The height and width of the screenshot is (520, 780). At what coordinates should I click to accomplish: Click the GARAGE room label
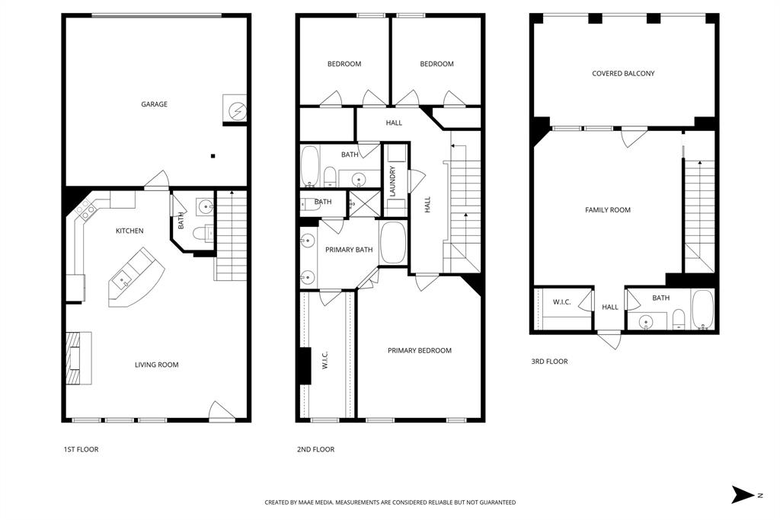154,104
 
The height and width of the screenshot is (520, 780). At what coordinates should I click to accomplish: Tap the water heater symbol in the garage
235,110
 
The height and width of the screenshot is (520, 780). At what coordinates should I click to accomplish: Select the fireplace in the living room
78,359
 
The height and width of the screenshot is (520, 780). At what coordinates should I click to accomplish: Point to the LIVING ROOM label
157,365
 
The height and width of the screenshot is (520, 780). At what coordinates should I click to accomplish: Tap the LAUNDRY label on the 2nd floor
393,182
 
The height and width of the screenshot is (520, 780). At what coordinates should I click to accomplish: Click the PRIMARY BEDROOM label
419,350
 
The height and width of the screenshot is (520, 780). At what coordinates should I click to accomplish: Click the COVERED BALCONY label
623,74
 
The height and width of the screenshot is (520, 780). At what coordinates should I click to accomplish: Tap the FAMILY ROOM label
608,210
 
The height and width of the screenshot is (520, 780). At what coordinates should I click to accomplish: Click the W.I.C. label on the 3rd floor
561,302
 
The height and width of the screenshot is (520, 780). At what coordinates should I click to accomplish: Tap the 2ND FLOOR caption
315,449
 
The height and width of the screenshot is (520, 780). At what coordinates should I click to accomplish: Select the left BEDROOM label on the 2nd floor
344,64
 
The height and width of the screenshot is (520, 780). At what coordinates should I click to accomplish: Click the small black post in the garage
213,156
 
